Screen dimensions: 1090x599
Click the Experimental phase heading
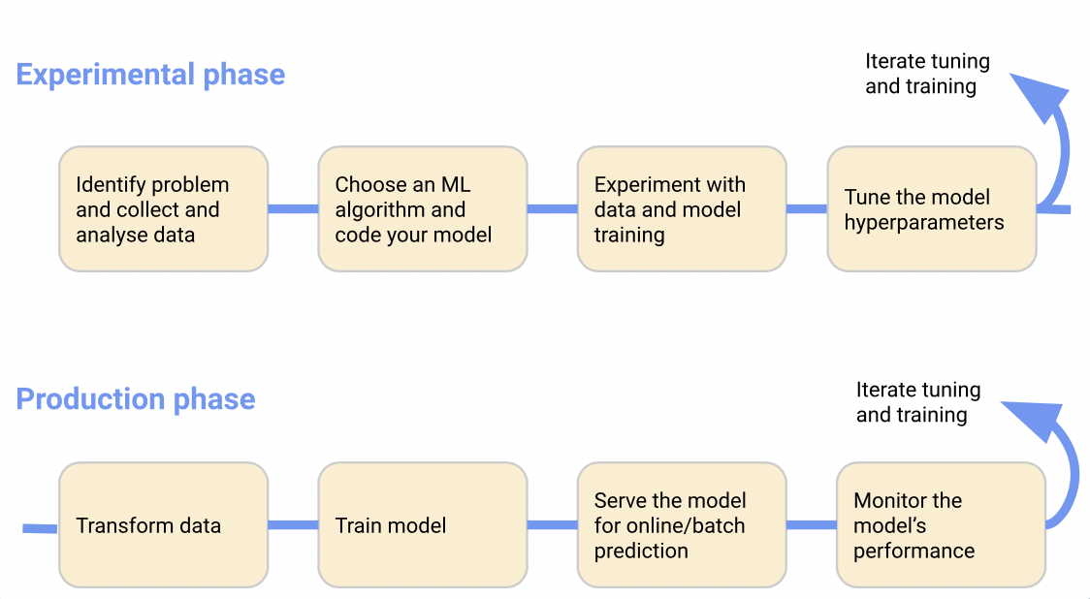coord(150,75)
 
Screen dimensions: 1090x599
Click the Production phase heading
coord(136,399)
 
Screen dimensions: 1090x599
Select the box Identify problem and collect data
coord(163,208)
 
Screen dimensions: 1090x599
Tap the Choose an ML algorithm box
coord(423,208)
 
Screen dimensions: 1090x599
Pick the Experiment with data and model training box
coord(682,208)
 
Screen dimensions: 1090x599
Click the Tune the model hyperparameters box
coord(932,208)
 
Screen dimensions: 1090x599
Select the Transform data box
coord(163,524)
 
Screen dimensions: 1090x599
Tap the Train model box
coord(423,524)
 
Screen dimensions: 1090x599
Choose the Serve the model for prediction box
coord(682,524)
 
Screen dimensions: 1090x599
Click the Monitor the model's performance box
coord(942,524)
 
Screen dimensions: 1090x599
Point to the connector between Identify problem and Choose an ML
coord(294,209)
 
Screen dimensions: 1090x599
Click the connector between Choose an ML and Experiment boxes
coord(553,209)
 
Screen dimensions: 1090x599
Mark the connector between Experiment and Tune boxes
coord(807,209)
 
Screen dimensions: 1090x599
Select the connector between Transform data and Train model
coord(294,525)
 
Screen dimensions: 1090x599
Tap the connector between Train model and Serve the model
coord(553,525)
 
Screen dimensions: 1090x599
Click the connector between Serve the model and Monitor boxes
coord(812,525)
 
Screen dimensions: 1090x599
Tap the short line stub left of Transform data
coord(40,529)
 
